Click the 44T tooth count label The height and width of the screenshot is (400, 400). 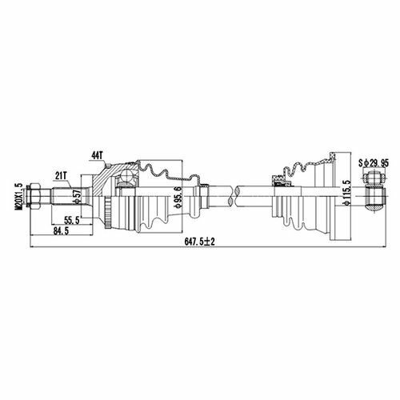[x=97, y=155]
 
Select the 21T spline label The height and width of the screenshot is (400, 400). [x=61, y=175]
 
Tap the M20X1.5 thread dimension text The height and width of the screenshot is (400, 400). [x=19, y=197]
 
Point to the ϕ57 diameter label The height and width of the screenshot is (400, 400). [x=78, y=197]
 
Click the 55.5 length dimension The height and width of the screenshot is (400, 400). [x=72, y=221]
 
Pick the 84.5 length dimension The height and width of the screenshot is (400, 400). [x=61, y=231]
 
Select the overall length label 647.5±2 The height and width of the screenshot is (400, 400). [x=200, y=242]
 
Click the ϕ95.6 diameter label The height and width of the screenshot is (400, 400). [x=178, y=197]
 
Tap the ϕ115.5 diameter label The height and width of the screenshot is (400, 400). [x=347, y=193]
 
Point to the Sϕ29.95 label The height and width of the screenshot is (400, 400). [x=374, y=162]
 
